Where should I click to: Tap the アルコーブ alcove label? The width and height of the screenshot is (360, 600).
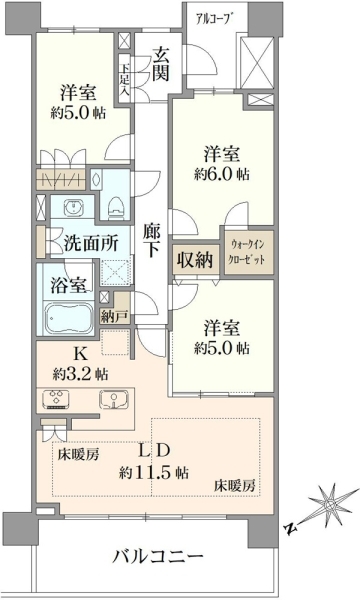pos(215,19)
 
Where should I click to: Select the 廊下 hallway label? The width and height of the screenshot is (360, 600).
pos(152,240)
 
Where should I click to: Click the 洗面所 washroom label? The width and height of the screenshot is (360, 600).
pos(91,243)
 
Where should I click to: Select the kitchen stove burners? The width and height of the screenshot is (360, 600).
pos(57,399)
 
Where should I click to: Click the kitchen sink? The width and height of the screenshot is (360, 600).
pos(114,400)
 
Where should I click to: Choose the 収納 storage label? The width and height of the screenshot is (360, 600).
pos(195,260)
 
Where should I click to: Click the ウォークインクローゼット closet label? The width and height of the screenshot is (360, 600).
pos(247,251)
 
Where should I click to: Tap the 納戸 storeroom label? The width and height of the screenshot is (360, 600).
pos(113,317)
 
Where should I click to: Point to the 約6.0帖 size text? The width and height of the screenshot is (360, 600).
pos(222,175)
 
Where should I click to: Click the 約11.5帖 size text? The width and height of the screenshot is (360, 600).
pos(154,473)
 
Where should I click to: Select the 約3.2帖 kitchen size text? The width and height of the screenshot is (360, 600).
pos(80,374)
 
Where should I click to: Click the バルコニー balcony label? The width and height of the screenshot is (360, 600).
pos(158,556)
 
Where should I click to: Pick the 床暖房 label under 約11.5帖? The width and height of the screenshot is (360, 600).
pos(234,486)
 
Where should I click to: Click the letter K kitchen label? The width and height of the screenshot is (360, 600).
pos(80,355)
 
